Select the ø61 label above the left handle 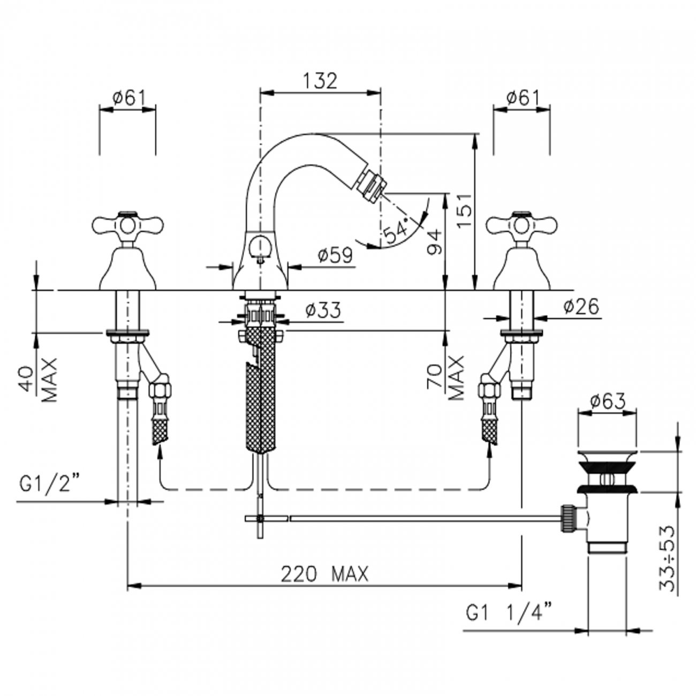click(128, 97)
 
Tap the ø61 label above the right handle click(523, 97)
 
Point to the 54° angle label click(396, 231)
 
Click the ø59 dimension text click(335, 256)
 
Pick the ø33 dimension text click(323, 310)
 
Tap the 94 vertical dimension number click(435, 242)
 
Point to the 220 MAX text click(325, 574)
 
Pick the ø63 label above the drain click(607, 400)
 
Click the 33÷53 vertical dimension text click(667, 557)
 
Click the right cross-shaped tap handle click(521, 225)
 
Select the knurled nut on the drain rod click(568, 518)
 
